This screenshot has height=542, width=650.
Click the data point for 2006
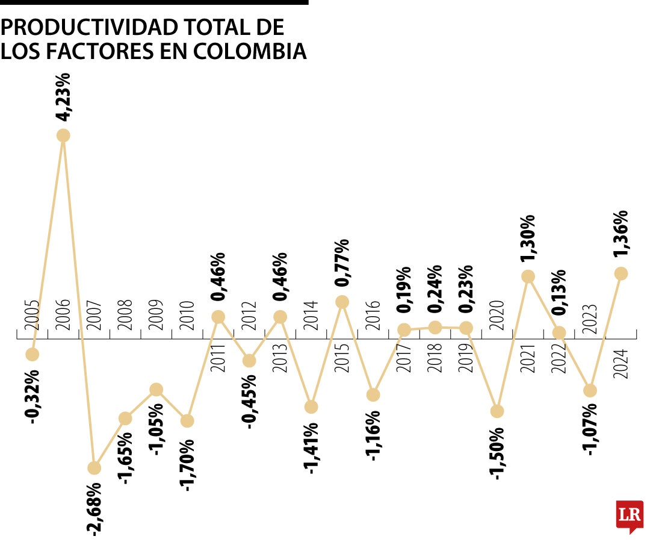coord(63,135)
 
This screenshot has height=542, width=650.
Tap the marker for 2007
coord(94,467)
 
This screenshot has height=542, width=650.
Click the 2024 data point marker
coord(621,273)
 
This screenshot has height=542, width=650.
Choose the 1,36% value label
coord(621,235)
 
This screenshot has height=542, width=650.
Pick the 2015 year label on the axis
coord(342,358)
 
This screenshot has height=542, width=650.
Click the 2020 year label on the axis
coord(497,314)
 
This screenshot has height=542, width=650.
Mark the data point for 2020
coord(497,411)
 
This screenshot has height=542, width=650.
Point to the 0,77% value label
coord(342,264)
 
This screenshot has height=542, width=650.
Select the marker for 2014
coord(311,406)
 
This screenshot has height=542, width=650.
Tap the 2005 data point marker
coord(32,354)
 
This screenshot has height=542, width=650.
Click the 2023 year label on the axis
coord(590,314)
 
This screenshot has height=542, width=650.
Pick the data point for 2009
coord(156,390)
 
